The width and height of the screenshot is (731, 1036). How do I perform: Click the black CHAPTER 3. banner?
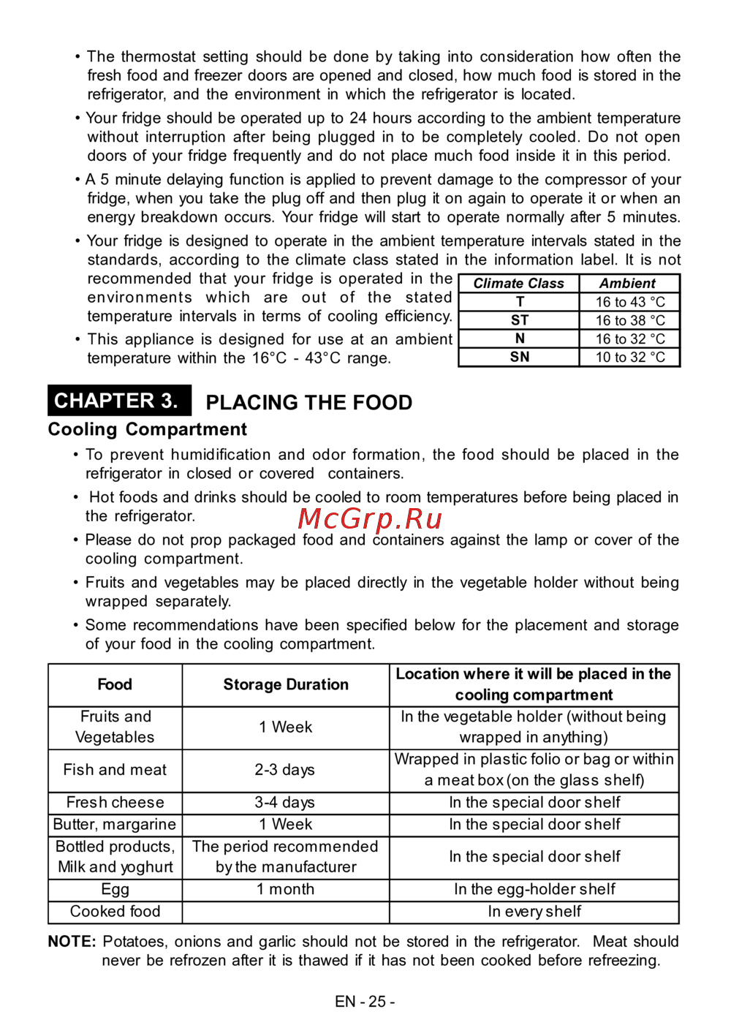click(119, 401)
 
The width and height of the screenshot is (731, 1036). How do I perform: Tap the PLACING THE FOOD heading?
click(308, 403)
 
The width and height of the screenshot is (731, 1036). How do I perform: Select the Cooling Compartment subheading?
click(147, 429)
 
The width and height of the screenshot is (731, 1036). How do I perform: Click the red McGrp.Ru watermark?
click(370, 518)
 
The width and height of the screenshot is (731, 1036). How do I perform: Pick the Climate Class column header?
click(518, 284)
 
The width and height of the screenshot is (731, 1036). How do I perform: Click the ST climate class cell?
click(519, 320)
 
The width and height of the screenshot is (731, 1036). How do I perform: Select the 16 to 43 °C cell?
click(629, 302)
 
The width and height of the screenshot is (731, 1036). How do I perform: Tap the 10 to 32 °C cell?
click(629, 357)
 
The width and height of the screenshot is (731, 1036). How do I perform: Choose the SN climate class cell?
click(519, 357)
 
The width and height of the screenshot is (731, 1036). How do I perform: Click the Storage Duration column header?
click(286, 684)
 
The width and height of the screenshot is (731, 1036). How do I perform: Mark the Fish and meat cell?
click(115, 770)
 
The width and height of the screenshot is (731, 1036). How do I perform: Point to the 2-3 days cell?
click(285, 770)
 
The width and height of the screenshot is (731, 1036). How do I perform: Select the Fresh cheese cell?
click(115, 802)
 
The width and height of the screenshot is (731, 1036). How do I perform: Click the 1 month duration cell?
click(285, 889)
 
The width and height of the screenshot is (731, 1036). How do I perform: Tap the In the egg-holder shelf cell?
click(534, 889)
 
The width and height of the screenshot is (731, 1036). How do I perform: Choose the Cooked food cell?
click(115, 912)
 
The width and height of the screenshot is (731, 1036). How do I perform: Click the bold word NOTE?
click(72, 942)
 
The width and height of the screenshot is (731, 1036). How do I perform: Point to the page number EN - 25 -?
click(365, 1002)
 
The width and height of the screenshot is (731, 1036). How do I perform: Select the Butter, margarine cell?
click(115, 825)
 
